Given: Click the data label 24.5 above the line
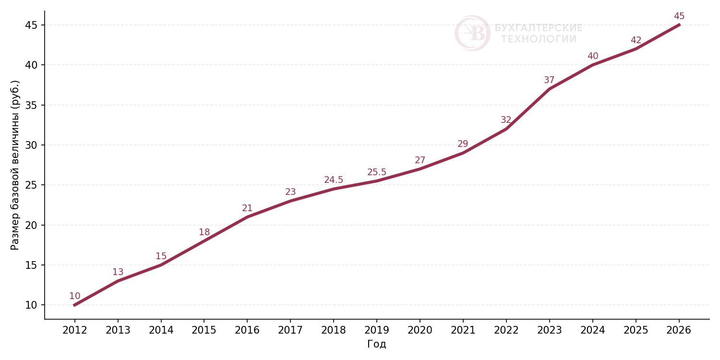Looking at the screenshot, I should coord(334,180).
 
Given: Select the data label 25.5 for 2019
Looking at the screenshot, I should coord(377,172).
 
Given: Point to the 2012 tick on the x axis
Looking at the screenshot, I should coord(74,330).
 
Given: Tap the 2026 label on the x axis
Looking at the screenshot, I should coord(679,330).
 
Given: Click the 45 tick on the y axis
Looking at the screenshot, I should coord(32,25).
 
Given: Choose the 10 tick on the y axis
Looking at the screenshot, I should coord(32,305).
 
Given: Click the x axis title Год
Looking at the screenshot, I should coord(377,344).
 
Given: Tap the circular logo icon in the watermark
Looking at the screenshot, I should coord(472,33).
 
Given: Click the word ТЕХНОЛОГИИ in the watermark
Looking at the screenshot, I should coord(539,39).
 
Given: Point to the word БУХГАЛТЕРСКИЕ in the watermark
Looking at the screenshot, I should coord(539,28).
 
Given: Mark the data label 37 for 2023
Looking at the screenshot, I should coord(549,80).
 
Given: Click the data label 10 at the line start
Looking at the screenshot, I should coord(74,296).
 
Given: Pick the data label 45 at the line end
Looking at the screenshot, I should coord(679,16).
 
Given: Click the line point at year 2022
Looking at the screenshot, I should coord(506,129).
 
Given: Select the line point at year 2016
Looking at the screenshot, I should coord(247,217).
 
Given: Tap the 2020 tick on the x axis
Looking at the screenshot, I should coord(420,330).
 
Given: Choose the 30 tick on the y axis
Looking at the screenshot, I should coord(32,145).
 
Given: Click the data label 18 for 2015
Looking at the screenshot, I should coord(204,232).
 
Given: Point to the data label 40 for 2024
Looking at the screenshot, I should coord(592,56).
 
